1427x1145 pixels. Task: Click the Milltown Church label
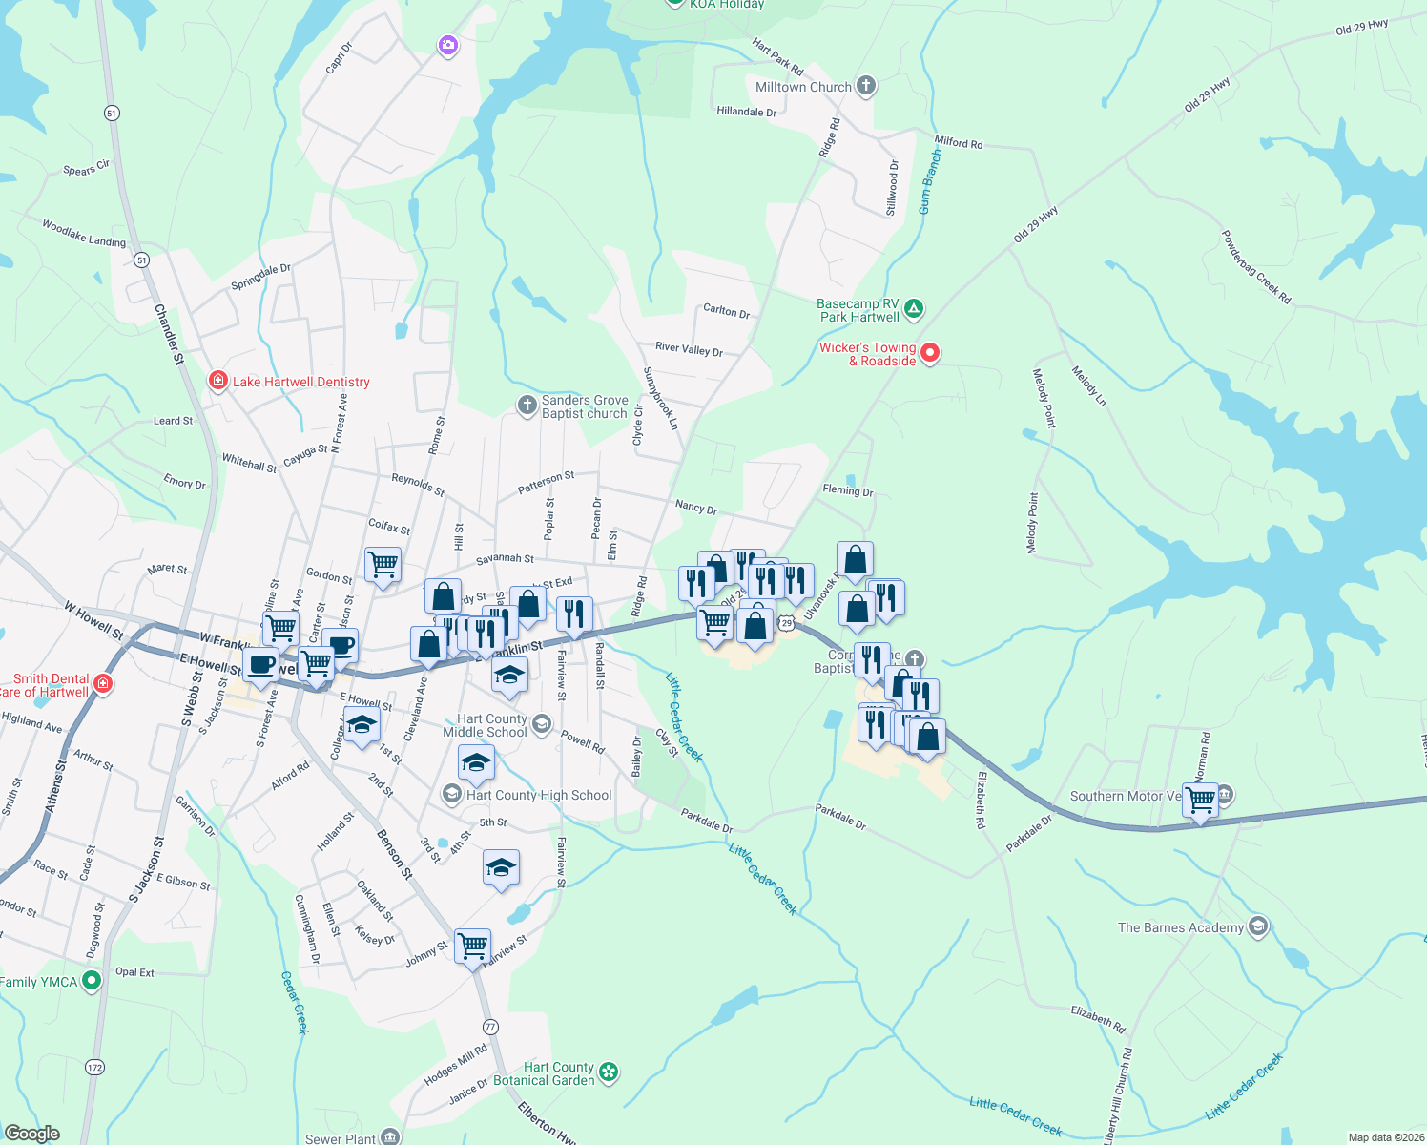coord(803,87)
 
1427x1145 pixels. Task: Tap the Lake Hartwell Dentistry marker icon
coord(218,382)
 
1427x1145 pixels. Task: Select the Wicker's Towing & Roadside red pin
coord(930,353)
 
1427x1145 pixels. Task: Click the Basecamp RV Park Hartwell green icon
coord(914,307)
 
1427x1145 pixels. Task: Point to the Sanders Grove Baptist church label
coord(585,406)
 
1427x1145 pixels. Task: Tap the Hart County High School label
coord(539,795)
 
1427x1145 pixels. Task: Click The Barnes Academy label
coord(1181,927)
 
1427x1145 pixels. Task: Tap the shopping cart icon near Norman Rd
coord(1201,799)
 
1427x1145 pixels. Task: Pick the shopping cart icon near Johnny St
coord(473,946)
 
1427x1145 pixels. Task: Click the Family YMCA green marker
coord(92,980)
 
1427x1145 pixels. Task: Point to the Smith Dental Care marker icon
coord(103,684)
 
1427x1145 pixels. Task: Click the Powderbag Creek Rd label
coord(1256,267)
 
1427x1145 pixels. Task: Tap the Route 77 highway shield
coord(490,1027)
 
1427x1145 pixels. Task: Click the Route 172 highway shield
coord(94,1067)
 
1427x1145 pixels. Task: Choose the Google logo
coord(32,1134)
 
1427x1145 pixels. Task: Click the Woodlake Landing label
coord(84,233)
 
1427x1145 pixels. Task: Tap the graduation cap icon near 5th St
coord(502,867)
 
